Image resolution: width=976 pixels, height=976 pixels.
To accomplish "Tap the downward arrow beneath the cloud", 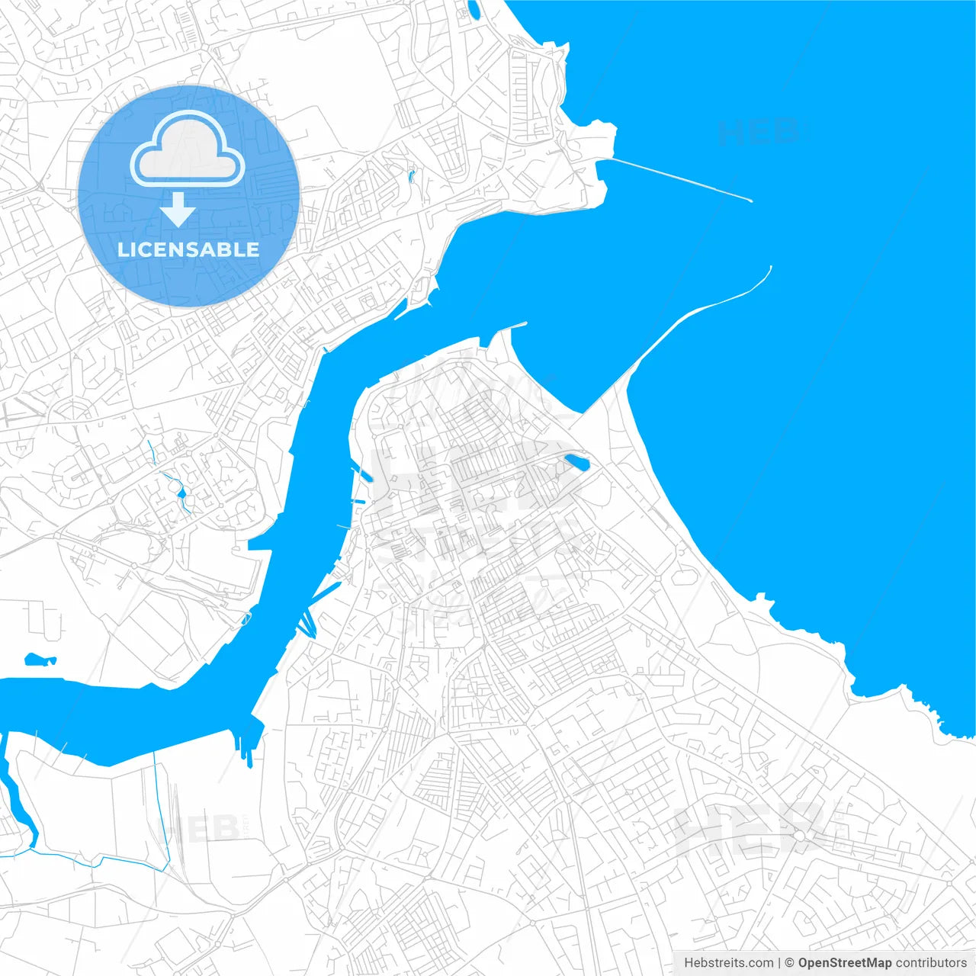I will [178, 210].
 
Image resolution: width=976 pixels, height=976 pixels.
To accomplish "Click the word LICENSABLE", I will [188, 249].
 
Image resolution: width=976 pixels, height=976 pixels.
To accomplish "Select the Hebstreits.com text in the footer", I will [728, 963].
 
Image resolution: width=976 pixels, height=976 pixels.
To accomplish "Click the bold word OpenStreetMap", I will [845, 963].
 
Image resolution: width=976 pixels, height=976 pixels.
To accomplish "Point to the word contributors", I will [931, 963].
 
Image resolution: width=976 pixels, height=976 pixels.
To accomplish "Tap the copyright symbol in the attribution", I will [790, 963].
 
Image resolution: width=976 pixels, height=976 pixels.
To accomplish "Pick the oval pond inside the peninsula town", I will [576, 462].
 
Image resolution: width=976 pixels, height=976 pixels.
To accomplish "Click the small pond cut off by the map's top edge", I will [474, 9].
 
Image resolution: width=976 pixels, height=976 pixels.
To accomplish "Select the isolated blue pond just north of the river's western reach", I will [40, 660].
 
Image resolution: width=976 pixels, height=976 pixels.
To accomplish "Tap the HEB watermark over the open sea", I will [758, 132].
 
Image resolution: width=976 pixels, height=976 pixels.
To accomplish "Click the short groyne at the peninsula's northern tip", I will [515, 326].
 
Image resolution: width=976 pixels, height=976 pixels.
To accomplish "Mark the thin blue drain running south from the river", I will [161, 808].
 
